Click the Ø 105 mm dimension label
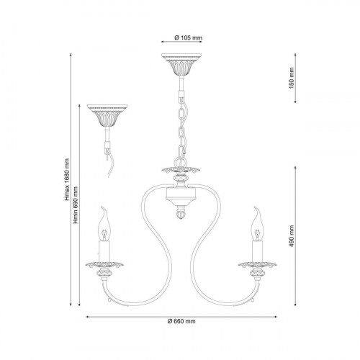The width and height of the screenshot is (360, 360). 189,37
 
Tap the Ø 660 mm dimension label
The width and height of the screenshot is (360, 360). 181,321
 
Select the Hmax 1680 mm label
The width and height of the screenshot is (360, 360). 67,179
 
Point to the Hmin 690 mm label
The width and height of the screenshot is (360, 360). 76,205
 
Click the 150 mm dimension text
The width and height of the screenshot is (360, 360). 292,78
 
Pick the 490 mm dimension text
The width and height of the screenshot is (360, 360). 292,236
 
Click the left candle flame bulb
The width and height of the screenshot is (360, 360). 104,224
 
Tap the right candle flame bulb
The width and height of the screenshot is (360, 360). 257,224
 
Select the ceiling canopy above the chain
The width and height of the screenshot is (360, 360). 181,64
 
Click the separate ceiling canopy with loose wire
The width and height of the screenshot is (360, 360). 107,115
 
